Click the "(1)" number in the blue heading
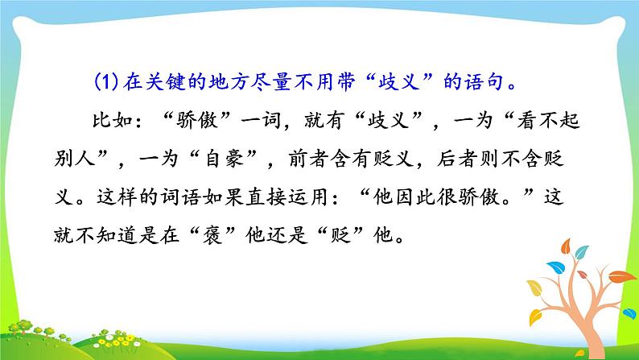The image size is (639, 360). pyautogui.click(x=106, y=82)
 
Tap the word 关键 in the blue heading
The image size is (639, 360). pyautogui.click(x=165, y=82)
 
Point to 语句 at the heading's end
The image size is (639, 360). pyautogui.click(x=485, y=81)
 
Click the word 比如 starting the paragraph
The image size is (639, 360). pyautogui.click(x=113, y=120)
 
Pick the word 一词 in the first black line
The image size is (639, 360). pyautogui.click(x=261, y=120)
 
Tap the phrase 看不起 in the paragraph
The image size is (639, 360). pyautogui.click(x=548, y=120)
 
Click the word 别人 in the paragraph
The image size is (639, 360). pyautogui.click(x=75, y=158)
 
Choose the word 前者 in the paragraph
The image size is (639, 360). pyautogui.click(x=309, y=158)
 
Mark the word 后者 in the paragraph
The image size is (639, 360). pyautogui.click(x=457, y=158)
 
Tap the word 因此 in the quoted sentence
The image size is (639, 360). pyautogui.click(x=414, y=197)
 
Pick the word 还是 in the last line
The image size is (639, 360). pyautogui.click(x=287, y=234)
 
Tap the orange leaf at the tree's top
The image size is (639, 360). pyautogui.click(x=566, y=246)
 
